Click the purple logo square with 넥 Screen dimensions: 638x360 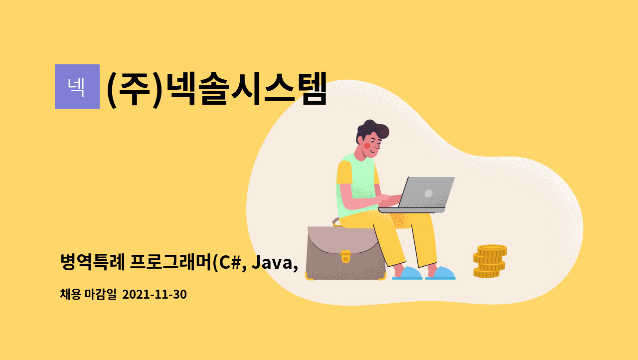click(77, 87)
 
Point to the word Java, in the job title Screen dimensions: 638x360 click(275, 262)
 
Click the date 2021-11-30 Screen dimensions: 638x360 click(155, 294)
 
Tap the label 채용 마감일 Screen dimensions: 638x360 click(88, 294)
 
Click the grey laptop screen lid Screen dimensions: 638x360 click(426, 192)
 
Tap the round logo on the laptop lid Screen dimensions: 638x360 click(428, 193)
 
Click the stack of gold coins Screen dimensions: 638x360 click(489, 261)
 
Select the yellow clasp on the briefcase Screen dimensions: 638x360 click(345, 257)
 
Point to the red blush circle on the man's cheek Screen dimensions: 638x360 click(367, 146)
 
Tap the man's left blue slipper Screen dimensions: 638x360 click(408, 273)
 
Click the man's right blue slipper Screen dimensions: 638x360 click(441, 273)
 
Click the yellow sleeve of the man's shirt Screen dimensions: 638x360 click(344, 173)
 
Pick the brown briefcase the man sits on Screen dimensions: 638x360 click(345, 253)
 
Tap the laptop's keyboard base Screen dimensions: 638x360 click(412, 210)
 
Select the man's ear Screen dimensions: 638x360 click(360, 140)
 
